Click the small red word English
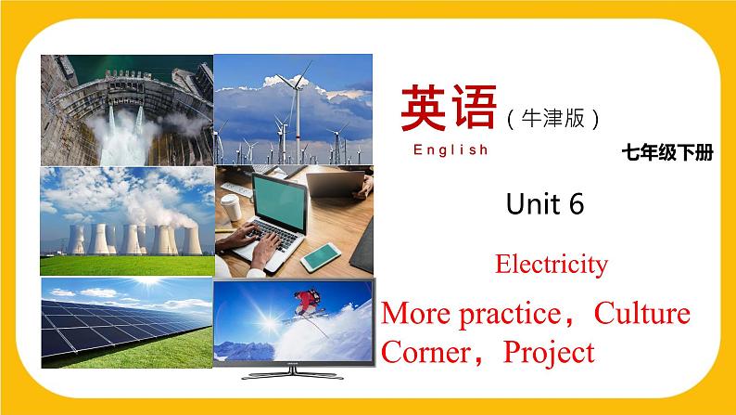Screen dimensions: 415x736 pos(450,149)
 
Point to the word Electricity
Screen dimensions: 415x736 pos(552,265)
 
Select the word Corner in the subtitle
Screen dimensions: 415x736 pos(428,352)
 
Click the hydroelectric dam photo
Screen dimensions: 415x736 pos(126,110)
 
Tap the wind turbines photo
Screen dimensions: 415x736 pos(293,110)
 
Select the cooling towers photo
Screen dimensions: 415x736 pos(126,221)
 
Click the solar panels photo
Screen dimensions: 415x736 pos(126,324)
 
